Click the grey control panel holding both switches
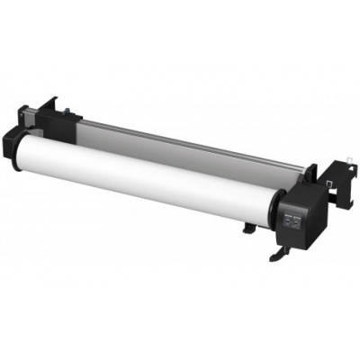click(293, 220)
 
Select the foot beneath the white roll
click(247, 226)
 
